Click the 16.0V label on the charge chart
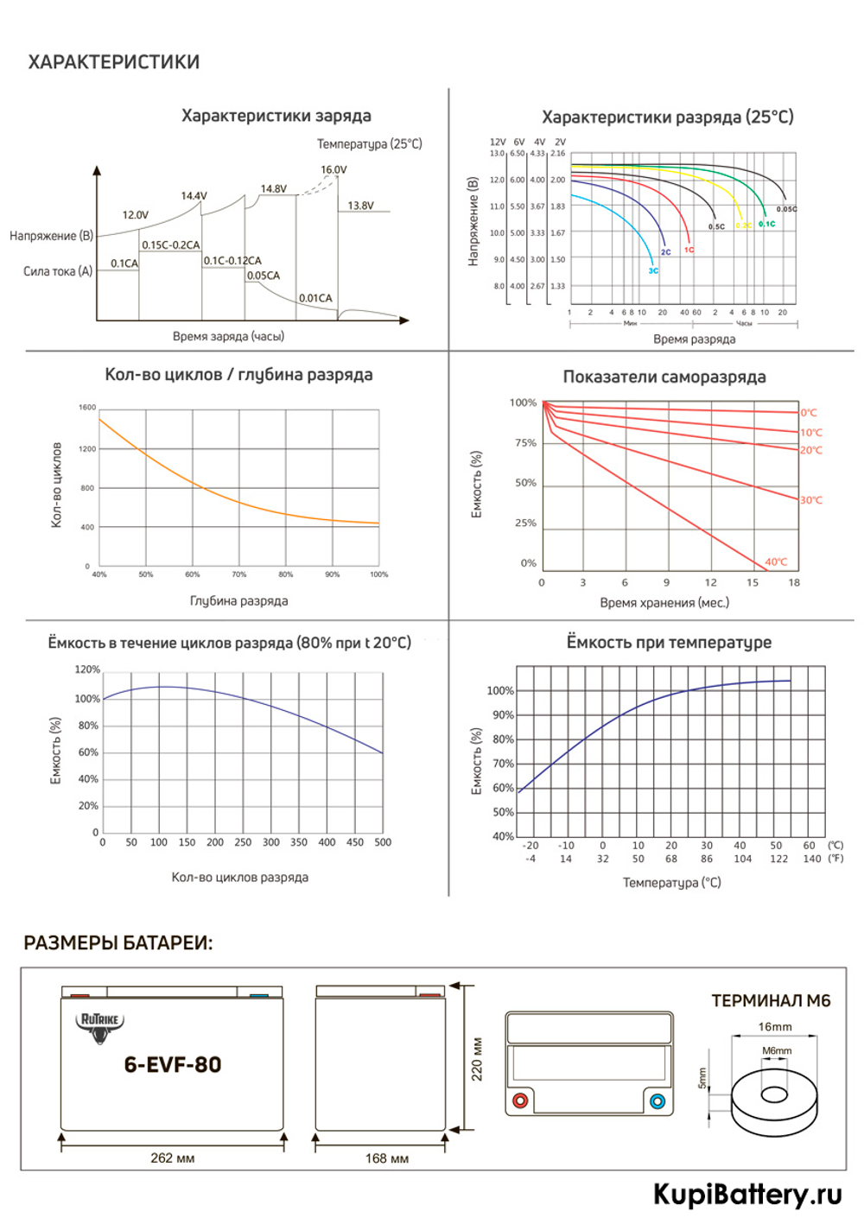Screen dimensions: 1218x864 coord(334,169)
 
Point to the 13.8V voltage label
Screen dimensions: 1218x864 coord(360,206)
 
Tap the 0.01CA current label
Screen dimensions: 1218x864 coord(315,298)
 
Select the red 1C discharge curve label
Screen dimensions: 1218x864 coord(689,250)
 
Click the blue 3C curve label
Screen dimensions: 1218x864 coord(653,270)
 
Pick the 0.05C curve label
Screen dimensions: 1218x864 coord(786,209)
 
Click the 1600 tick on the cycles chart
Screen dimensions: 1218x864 coord(87,407)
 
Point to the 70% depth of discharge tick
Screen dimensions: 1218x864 coord(238,574)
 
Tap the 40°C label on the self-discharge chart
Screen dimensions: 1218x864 coord(776,561)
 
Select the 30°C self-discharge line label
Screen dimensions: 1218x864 coord(810,500)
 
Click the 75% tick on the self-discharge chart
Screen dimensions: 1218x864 coord(525,442)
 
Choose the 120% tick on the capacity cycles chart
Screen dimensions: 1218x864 coord(87,669)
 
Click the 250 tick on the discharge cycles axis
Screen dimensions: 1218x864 coord(243,842)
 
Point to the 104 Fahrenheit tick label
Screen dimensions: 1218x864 coord(742,859)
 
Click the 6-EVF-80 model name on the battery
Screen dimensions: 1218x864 coord(173,1064)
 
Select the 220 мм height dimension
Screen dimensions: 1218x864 coord(477,1058)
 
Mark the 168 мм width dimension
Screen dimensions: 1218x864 coord(386,1158)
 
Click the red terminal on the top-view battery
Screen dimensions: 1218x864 coord(520,1101)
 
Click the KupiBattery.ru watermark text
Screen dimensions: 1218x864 coord(747,1194)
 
